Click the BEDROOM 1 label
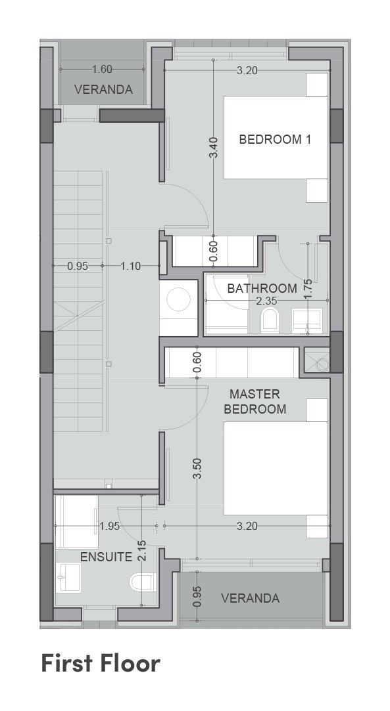[275, 139]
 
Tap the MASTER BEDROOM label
[255, 401]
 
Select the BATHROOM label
[262, 288]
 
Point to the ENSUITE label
[107, 557]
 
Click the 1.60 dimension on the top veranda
[102, 70]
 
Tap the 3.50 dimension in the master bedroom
[197, 468]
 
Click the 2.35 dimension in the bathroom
[266, 300]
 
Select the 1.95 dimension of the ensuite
[109, 526]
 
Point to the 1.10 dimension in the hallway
[131, 266]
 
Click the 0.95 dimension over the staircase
[78, 266]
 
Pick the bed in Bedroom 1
[276, 137]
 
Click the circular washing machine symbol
[178, 300]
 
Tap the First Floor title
[101, 663]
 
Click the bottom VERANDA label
[250, 599]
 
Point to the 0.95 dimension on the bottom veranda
[197, 597]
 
